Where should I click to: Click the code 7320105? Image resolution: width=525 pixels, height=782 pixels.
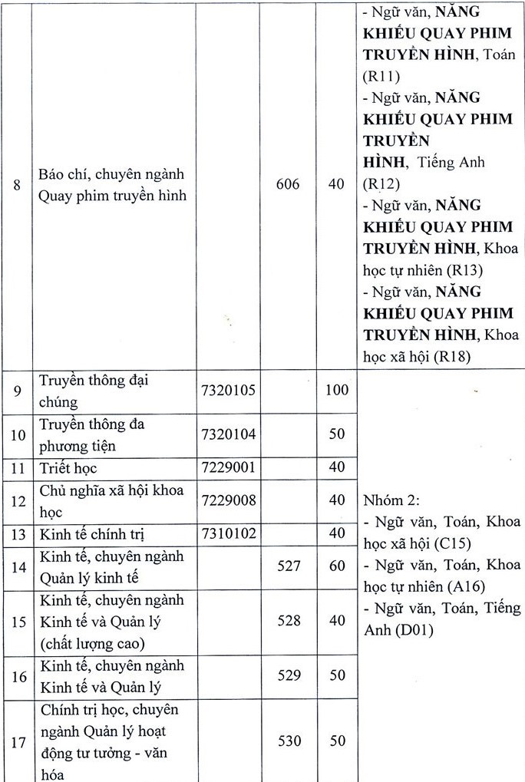[228, 391]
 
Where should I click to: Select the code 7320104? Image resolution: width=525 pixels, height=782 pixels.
[228, 434]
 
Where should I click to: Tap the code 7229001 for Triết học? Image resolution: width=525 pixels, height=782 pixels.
[228, 467]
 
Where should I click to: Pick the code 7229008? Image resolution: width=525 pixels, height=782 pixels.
[228, 500]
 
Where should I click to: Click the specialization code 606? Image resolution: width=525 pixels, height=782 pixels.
[289, 185]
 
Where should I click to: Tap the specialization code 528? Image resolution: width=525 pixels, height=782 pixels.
[289, 620]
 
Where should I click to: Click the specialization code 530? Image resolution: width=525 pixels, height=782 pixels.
[289, 741]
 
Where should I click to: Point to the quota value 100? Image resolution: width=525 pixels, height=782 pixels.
[336, 391]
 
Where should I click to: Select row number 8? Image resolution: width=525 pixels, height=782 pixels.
[17, 185]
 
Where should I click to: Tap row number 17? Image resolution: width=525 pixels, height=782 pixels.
[18, 742]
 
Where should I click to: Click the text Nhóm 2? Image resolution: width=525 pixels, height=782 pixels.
[391, 500]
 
